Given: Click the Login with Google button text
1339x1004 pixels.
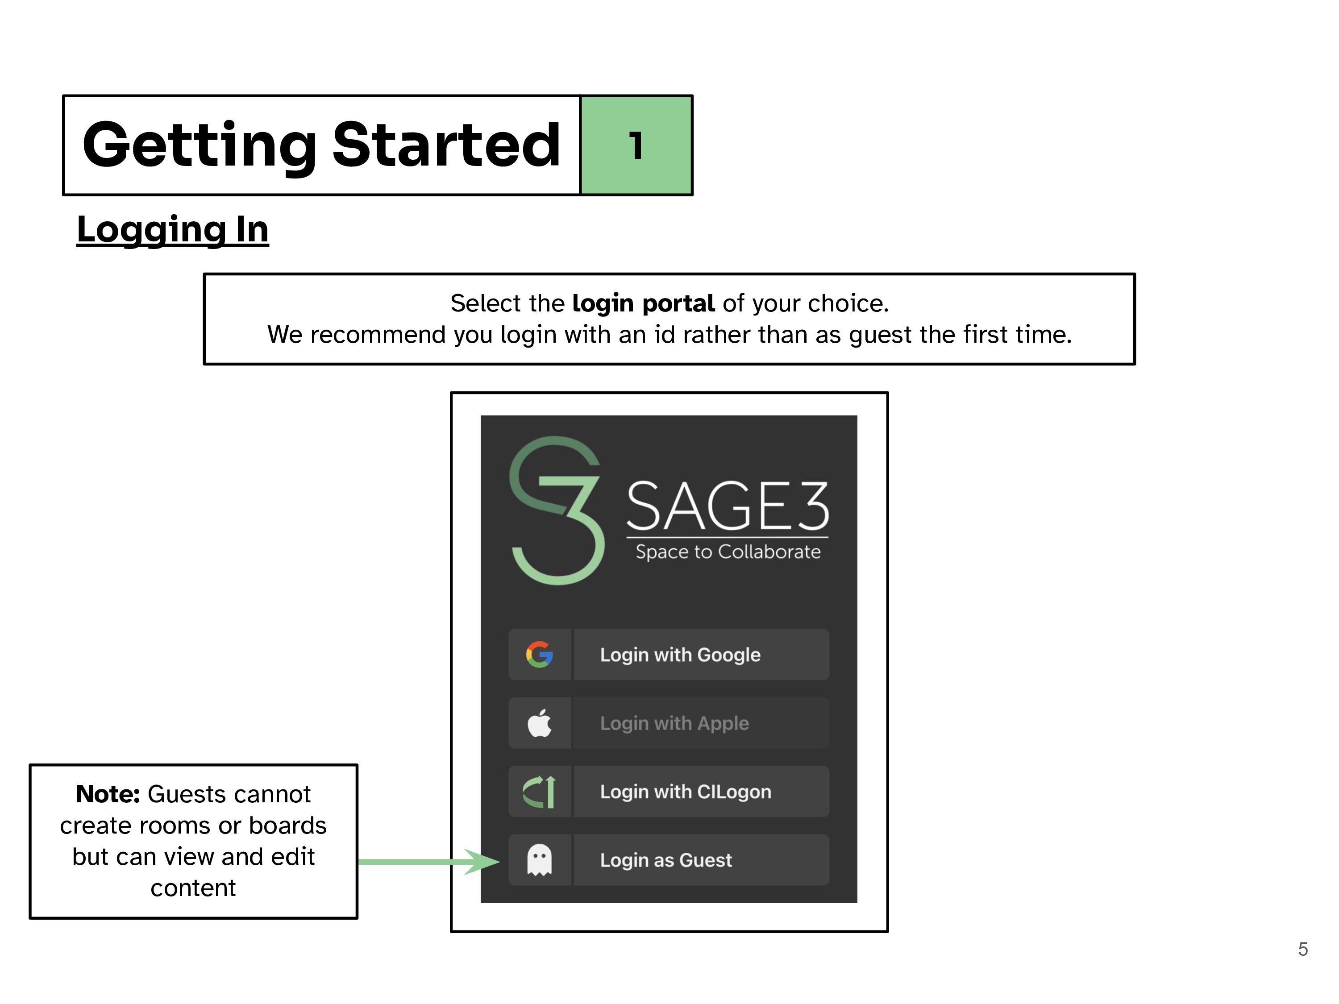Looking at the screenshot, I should point(680,655).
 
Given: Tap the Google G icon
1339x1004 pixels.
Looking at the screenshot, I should point(539,655).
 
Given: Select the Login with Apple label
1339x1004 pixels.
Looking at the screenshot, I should point(674,723).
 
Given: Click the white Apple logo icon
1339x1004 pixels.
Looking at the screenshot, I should point(539,723).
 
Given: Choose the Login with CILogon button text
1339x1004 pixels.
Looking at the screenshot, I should point(685,792).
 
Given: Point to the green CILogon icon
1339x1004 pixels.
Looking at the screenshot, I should point(539,792).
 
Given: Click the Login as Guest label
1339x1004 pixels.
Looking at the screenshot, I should point(666,860).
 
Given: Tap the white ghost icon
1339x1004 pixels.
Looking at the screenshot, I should point(539,860).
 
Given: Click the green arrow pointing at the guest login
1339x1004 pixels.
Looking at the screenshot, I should point(430,861).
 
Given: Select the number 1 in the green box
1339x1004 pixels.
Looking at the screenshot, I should point(636,146).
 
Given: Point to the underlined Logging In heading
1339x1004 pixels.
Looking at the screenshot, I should point(173,229).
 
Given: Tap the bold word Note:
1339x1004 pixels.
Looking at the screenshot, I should point(108,794).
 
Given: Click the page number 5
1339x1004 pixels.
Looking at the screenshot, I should point(1303,949).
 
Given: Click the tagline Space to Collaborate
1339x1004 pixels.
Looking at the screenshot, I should point(728,552).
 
